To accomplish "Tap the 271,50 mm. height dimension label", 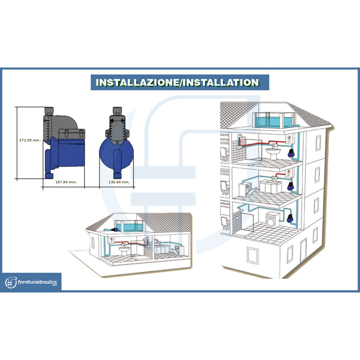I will pos(30,140).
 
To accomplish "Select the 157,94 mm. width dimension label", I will pos(66,182).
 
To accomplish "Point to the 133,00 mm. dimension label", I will pos(118,182).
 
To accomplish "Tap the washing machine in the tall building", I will pos(272,220).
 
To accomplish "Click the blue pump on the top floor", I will pos(291,153).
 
